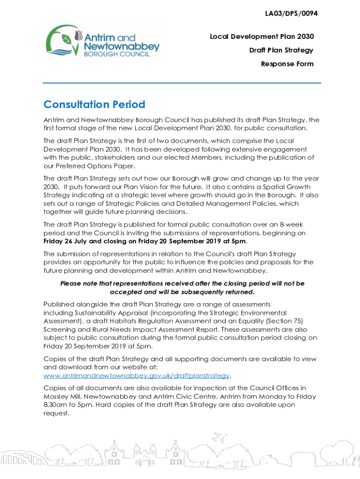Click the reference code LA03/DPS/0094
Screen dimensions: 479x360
(x=291, y=14)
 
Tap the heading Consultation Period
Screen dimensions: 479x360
(x=94, y=104)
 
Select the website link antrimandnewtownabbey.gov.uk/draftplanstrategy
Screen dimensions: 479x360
(x=137, y=376)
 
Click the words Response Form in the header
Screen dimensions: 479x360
(x=287, y=64)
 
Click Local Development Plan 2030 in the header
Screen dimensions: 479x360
(x=261, y=36)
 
